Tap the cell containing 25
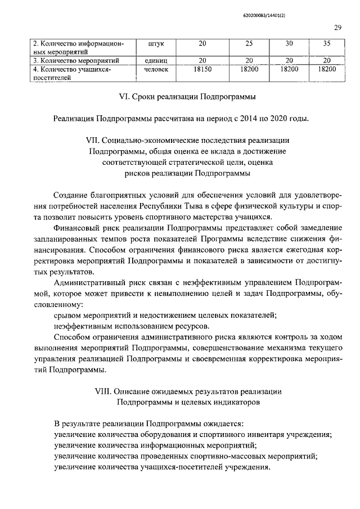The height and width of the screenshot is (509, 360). pos(248,44)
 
